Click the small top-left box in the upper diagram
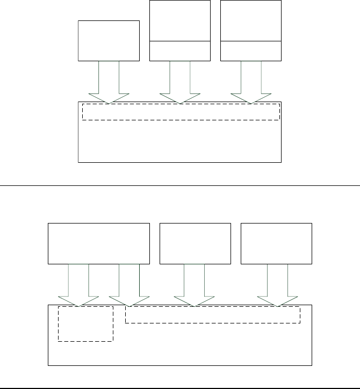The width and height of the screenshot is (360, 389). [x=109, y=41]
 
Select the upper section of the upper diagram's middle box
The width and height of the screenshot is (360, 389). [x=179, y=20]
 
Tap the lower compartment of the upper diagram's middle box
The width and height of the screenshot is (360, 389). [x=179, y=51]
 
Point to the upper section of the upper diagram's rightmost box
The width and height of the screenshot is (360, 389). [x=251, y=20]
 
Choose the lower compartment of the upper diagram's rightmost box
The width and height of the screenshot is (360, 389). [x=251, y=51]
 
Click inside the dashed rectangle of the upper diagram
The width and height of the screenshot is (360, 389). [x=181, y=112]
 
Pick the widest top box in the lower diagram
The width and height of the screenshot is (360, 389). [x=99, y=243]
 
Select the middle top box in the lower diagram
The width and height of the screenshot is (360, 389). [x=196, y=243]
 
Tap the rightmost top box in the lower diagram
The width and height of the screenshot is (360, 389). [x=276, y=243]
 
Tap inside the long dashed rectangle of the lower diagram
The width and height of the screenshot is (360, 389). [x=212, y=315]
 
